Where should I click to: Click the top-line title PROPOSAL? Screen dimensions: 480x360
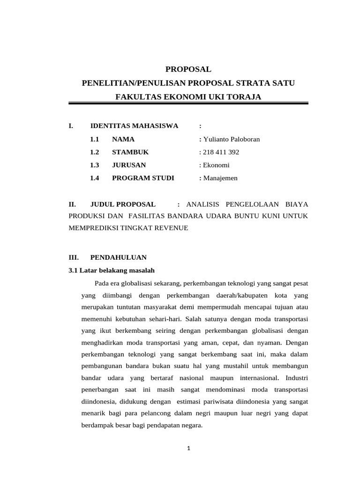pos(188,69)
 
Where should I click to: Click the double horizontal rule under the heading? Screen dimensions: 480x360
pos(188,103)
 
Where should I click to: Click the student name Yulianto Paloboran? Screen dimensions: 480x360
pos(231,139)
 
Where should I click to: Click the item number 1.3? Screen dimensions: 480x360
pos(95,165)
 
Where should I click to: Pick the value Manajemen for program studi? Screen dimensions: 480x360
pos(221,178)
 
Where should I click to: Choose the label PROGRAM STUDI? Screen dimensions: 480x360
pos(143,178)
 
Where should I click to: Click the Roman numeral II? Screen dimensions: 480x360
pos(72,204)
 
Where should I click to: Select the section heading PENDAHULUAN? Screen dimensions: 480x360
pos(118,257)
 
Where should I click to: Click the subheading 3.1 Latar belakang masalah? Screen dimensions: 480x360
pos(111,270)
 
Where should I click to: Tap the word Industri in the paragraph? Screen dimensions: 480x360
pos(296,377)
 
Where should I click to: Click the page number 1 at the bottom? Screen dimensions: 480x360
pos(188,448)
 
